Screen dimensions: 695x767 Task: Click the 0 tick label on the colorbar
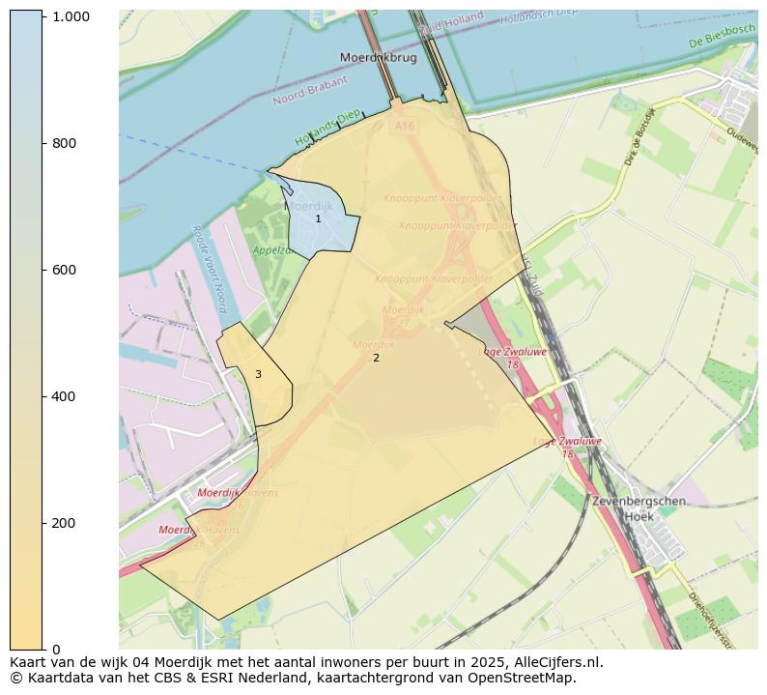[x=57, y=650]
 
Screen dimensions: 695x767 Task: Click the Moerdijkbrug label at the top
[x=378, y=58]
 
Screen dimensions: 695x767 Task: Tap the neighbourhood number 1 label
[x=318, y=219]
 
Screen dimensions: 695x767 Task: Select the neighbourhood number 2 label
[x=376, y=358]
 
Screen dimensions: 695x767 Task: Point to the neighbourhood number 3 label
[x=258, y=374]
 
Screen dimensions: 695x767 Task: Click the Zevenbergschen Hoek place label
[x=639, y=508]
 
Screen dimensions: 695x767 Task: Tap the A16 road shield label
[x=403, y=126]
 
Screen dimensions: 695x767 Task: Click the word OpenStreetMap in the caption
[x=524, y=678]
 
